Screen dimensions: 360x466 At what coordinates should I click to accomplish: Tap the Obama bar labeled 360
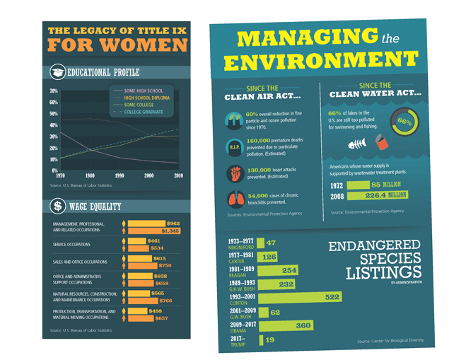[287, 325]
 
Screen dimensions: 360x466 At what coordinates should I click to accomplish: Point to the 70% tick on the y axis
[54, 92]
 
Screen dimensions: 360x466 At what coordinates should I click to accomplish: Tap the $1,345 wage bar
[154, 231]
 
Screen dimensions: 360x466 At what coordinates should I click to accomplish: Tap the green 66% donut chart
[404, 121]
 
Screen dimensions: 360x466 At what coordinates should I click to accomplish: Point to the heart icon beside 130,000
[235, 174]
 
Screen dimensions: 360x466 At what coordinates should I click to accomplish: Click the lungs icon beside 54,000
[235, 200]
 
